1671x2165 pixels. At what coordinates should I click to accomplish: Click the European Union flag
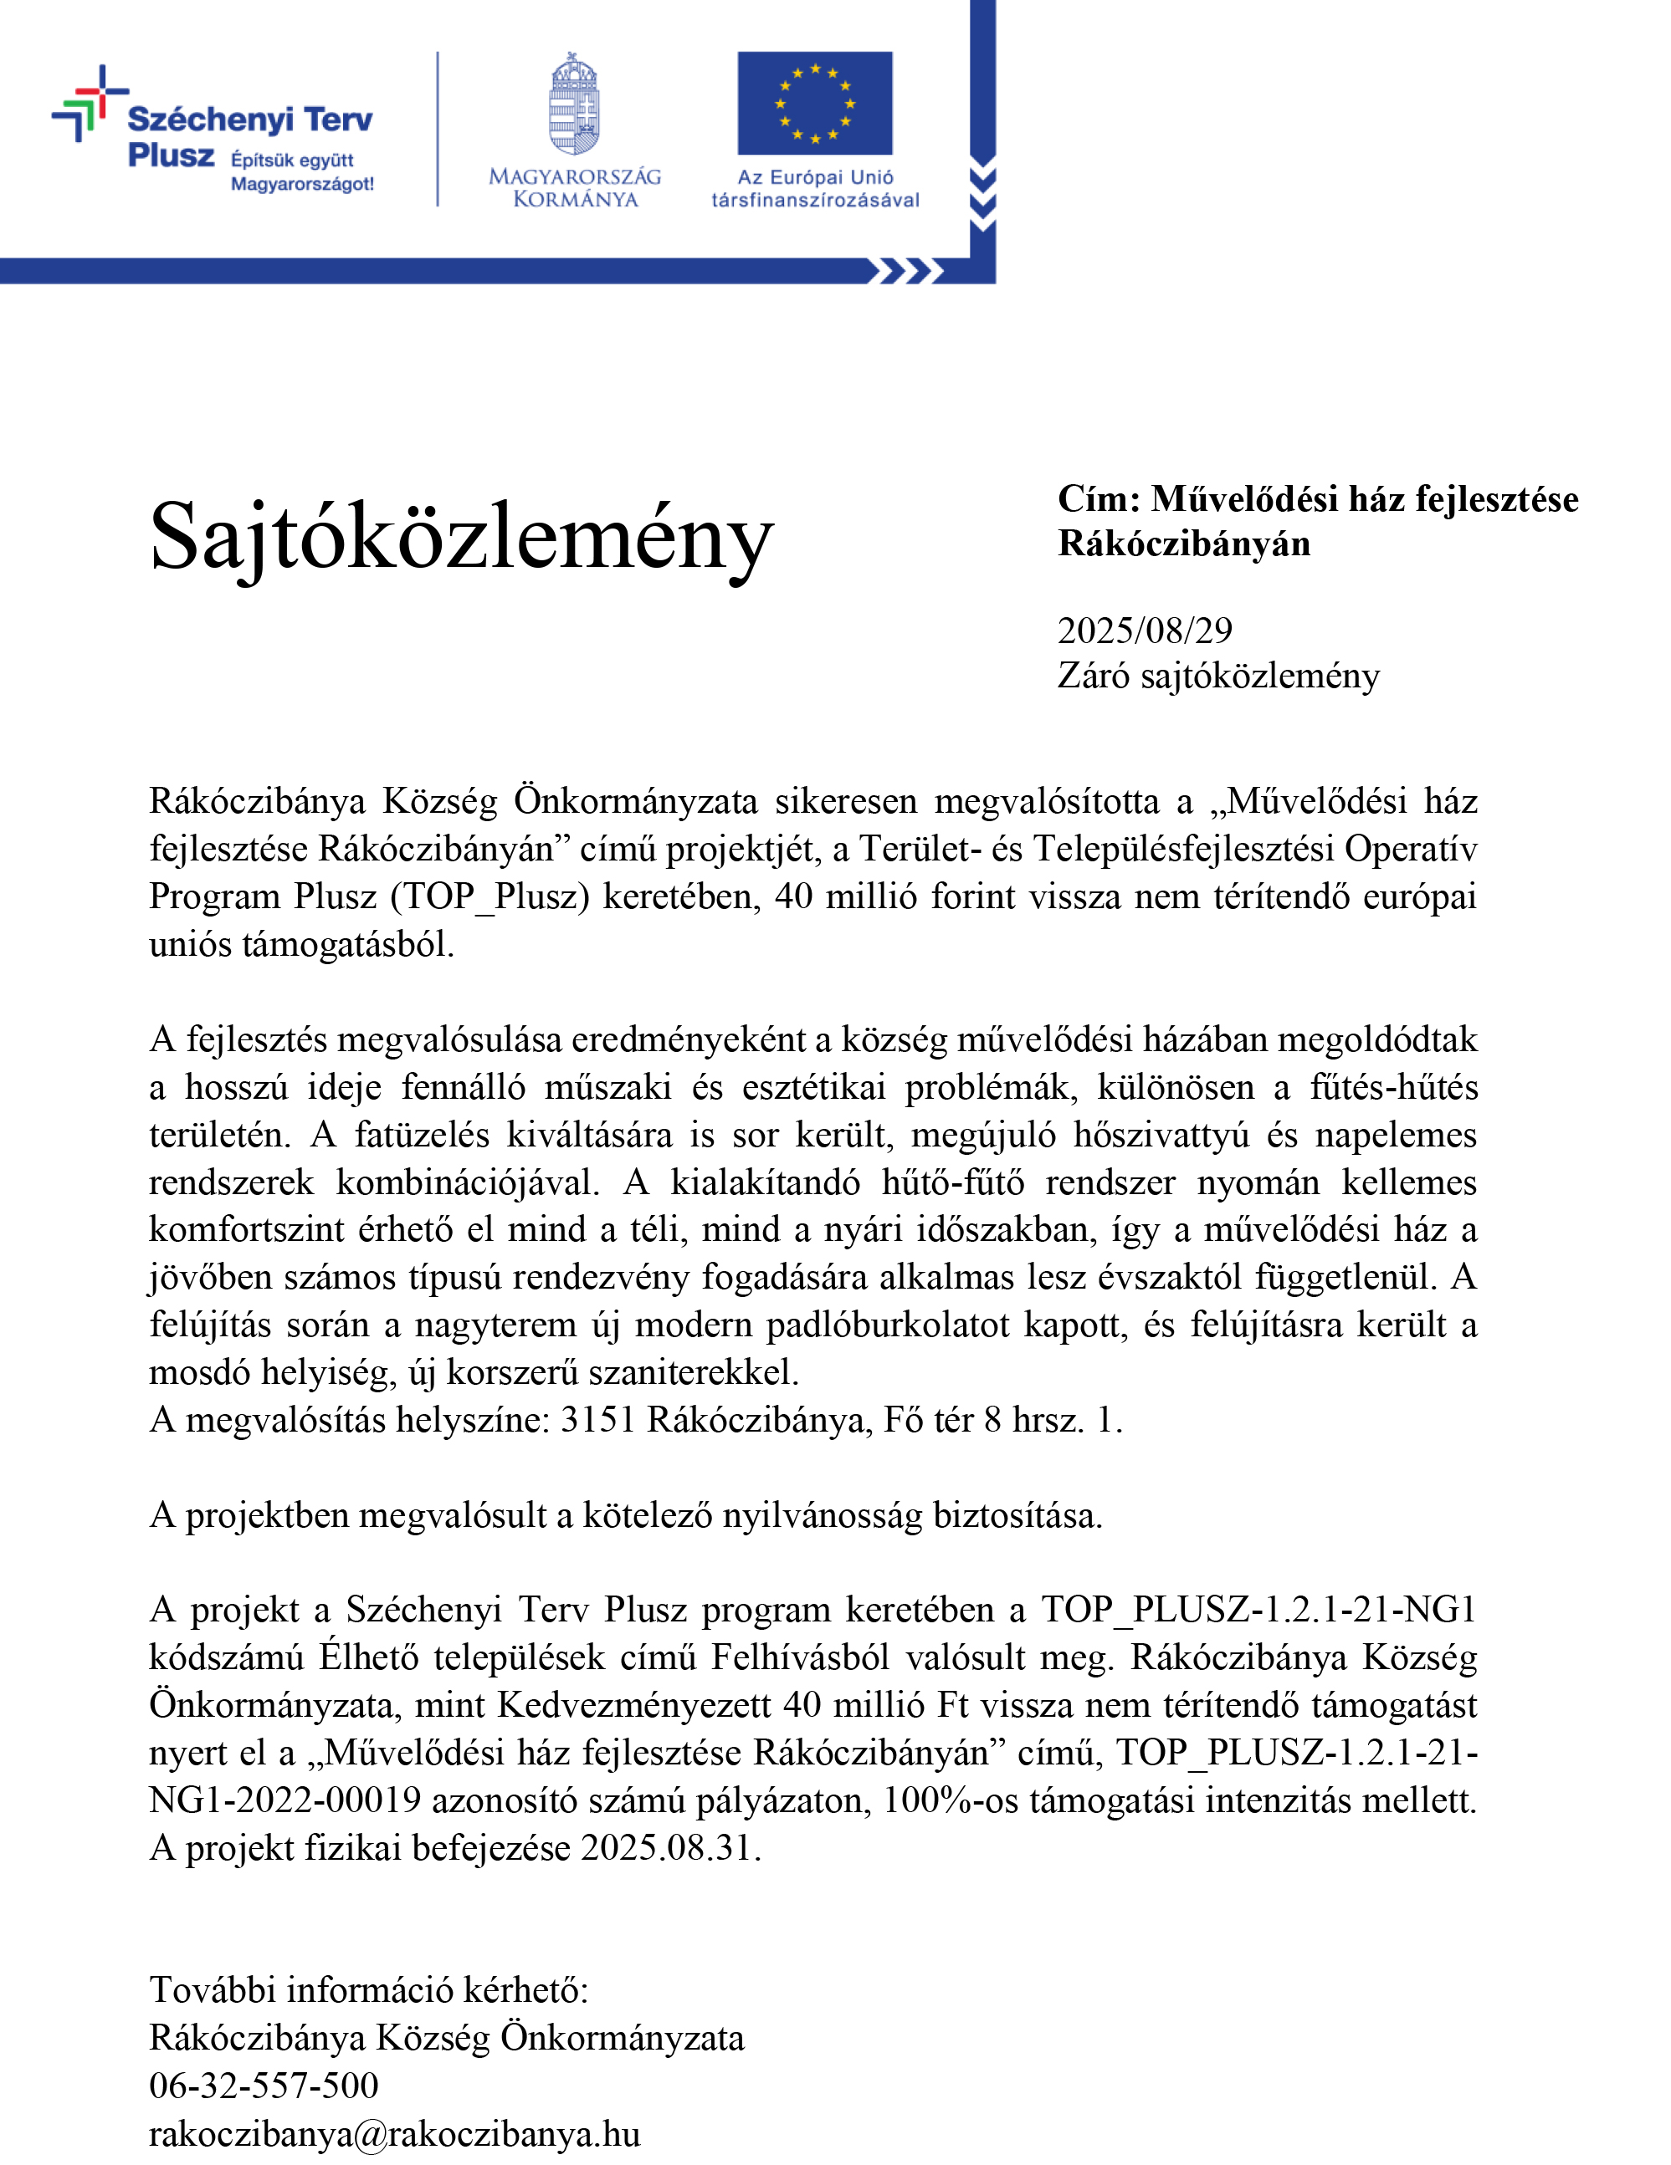tap(814, 103)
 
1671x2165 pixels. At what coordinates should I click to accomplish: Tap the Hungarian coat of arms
tap(575, 103)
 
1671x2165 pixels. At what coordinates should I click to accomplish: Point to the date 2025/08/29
tap(1145, 631)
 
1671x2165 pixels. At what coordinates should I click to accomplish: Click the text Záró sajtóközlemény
tap(1217, 676)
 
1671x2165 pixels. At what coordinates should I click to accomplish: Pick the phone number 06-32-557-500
tap(264, 2085)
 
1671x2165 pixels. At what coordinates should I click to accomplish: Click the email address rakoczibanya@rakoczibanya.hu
tap(395, 2133)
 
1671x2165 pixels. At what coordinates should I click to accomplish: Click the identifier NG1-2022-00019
tap(284, 1800)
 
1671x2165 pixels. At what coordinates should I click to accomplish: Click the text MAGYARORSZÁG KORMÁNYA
tap(575, 188)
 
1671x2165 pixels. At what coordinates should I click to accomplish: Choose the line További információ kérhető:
tap(369, 1989)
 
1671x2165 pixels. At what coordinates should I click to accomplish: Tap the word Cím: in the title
tap(1099, 498)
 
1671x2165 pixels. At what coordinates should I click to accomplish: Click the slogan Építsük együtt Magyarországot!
tap(301, 172)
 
